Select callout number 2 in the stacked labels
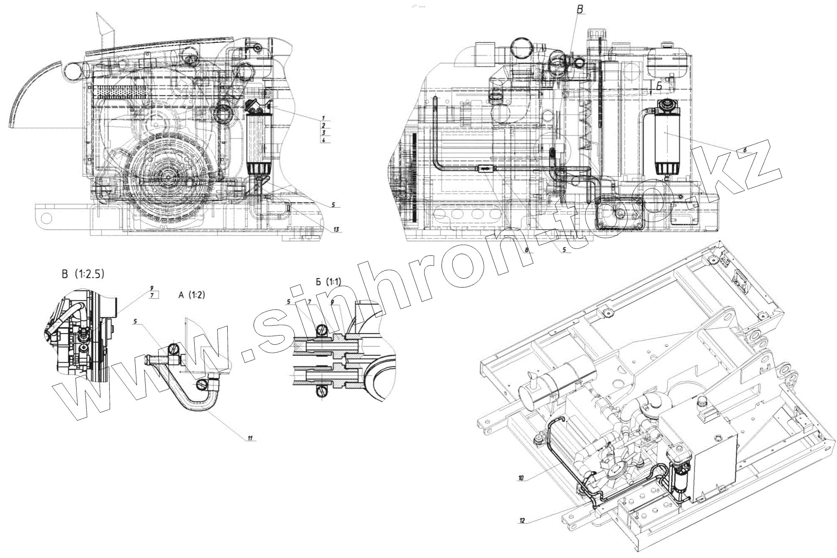(x=324, y=125)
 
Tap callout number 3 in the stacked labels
(x=324, y=132)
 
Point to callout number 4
(x=324, y=140)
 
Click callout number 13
(x=336, y=230)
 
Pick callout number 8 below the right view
(x=527, y=250)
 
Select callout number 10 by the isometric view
(x=521, y=478)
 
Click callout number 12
(x=522, y=520)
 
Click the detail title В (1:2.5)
(x=83, y=274)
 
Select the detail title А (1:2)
(x=191, y=295)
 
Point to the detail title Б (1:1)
(x=329, y=282)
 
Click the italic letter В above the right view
(x=580, y=10)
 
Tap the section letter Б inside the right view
(x=659, y=87)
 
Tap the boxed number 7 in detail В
(x=153, y=295)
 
